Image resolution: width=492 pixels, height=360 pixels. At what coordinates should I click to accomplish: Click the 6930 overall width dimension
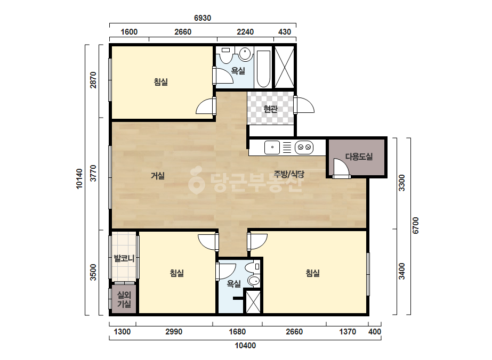point(203,18)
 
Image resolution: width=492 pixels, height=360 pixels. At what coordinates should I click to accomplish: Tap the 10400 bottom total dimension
point(245,346)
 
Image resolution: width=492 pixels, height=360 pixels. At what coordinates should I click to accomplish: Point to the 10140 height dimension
point(79,179)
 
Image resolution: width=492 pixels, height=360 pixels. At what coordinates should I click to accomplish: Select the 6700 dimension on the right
point(415,225)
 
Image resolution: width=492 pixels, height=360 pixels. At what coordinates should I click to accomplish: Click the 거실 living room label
point(158,176)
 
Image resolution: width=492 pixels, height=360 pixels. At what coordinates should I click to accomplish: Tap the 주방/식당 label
point(289,174)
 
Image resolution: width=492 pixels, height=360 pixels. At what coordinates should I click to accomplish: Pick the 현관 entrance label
point(270,109)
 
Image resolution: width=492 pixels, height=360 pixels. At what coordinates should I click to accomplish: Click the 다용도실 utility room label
point(359,157)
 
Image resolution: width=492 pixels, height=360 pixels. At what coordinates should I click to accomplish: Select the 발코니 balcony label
point(124,258)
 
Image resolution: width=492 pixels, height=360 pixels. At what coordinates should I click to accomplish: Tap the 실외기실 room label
point(124,299)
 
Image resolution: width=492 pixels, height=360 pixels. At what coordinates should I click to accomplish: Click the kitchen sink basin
point(272,147)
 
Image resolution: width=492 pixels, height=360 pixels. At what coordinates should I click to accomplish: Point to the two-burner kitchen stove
point(304,147)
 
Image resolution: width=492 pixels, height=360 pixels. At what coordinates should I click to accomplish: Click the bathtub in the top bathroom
point(263,69)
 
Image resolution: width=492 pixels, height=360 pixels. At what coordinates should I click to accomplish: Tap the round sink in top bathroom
point(246,54)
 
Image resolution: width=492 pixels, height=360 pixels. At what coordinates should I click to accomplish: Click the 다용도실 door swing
point(341,167)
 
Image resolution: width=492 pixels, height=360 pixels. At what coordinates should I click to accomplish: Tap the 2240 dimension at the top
point(245,31)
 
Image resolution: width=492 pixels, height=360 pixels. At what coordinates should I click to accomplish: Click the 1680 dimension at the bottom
point(237,332)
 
